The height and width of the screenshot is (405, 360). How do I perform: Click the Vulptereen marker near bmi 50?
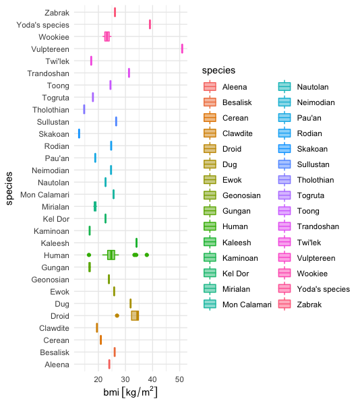pyautogui.click(x=182, y=49)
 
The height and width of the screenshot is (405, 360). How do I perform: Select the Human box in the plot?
pyautogui.click(x=111, y=255)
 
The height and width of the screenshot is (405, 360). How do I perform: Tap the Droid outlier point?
pyautogui.click(x=117, y=315)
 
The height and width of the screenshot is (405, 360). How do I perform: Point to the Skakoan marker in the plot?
pyautogui.click(x=79, y=133)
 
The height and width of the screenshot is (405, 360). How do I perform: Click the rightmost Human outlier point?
pyautogui.click(x=147, y=255)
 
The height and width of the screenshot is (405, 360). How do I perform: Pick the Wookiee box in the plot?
pyautogui.click(x=107, y=36)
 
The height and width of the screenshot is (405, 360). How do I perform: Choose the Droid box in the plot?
pyautogui.click(x=135, y=315)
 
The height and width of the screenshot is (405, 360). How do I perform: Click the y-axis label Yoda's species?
pyautogui.click(x=43, y=25)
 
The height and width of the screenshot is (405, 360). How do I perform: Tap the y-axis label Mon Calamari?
pyautogui.click(x=44, y=195)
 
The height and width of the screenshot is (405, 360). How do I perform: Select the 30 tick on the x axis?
pyautogui.click(x=125, y=379)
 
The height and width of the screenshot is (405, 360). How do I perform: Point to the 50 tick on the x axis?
pyautogui.click(x=179, y=379)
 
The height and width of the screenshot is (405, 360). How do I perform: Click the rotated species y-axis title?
pyautogui.click(x=9, y=189)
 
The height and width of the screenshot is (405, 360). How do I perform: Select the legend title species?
pyautogui.click(x=218, y=70)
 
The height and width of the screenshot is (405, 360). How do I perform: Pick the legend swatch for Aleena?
pyautogui.click(x=210, y=86)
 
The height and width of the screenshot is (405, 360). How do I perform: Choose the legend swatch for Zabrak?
pyautogui.click(x=284, y=304)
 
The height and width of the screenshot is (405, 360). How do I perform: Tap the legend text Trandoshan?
pyautogui.click(x=318, y=226)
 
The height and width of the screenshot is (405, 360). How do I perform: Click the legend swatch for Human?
pyautogui.click(x=210, y=226)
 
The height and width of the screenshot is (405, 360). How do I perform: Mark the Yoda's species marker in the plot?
pyautogui.click(x=150, y=24)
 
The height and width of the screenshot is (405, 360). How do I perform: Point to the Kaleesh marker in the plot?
pyautogui.click(x=136, y=243)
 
